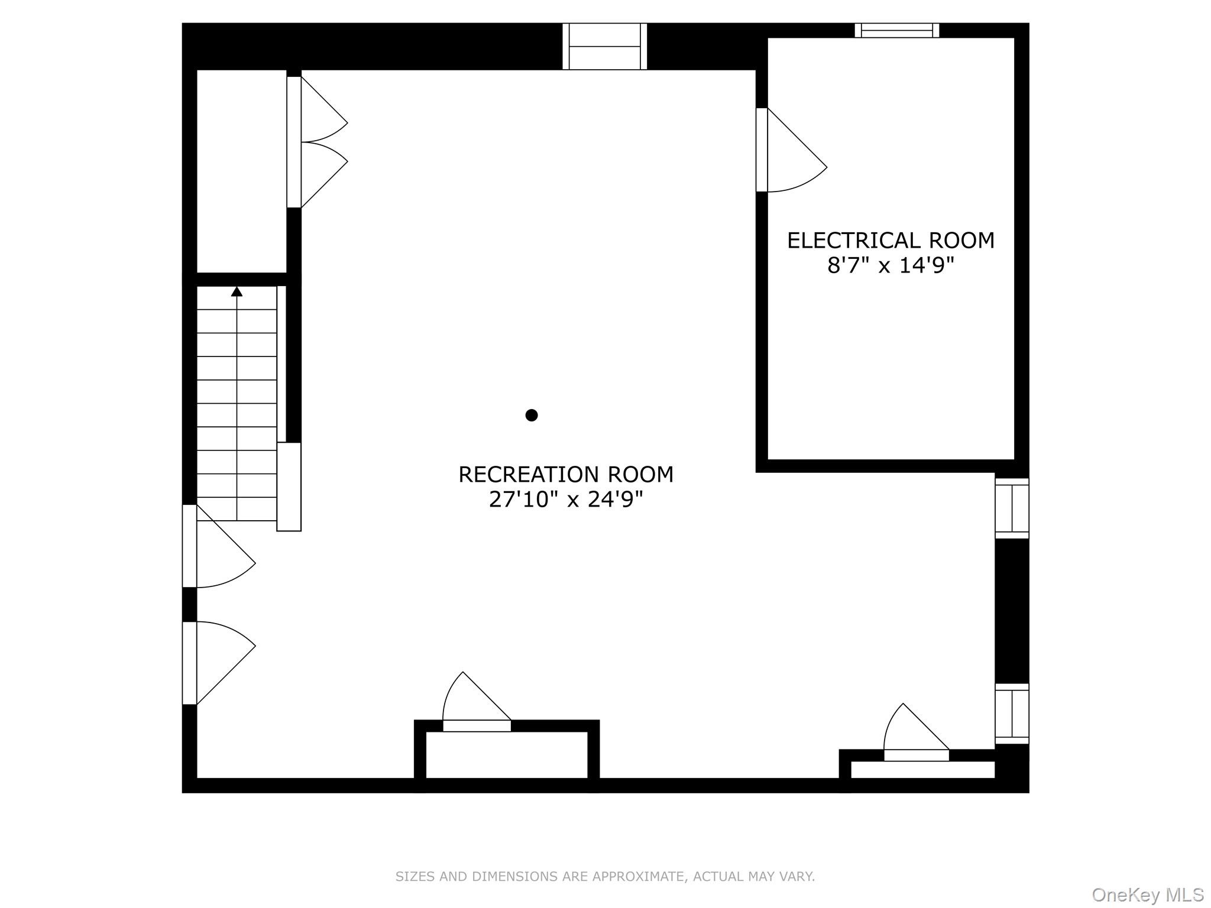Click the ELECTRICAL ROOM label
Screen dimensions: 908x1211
(891, 241)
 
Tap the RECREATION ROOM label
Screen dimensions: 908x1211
(566, 475)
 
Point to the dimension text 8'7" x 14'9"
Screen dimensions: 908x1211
(891, 266)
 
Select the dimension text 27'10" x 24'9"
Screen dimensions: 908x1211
(566, 500)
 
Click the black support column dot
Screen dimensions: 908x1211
(532, 415)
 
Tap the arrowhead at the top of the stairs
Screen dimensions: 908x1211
(237, 291)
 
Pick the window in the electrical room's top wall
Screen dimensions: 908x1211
(896, 30)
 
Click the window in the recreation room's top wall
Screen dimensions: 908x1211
(604, 46)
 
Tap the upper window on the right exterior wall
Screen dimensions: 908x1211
(1012, 508)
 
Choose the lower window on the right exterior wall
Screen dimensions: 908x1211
(1012, 714)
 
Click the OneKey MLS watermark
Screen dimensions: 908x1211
(1147, 895)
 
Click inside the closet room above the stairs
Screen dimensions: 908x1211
(241, 171)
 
